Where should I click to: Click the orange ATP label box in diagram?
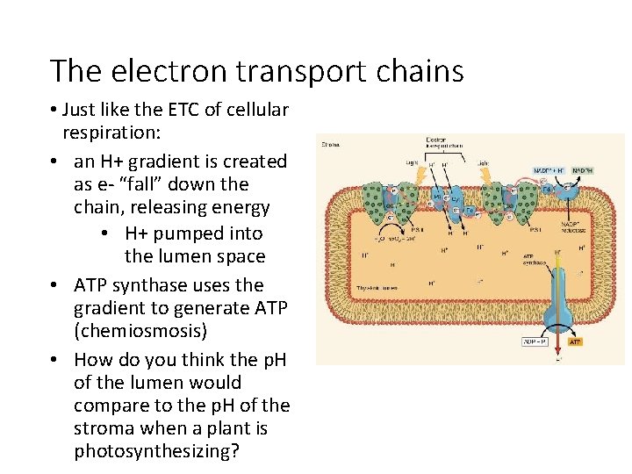point(575,341)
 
